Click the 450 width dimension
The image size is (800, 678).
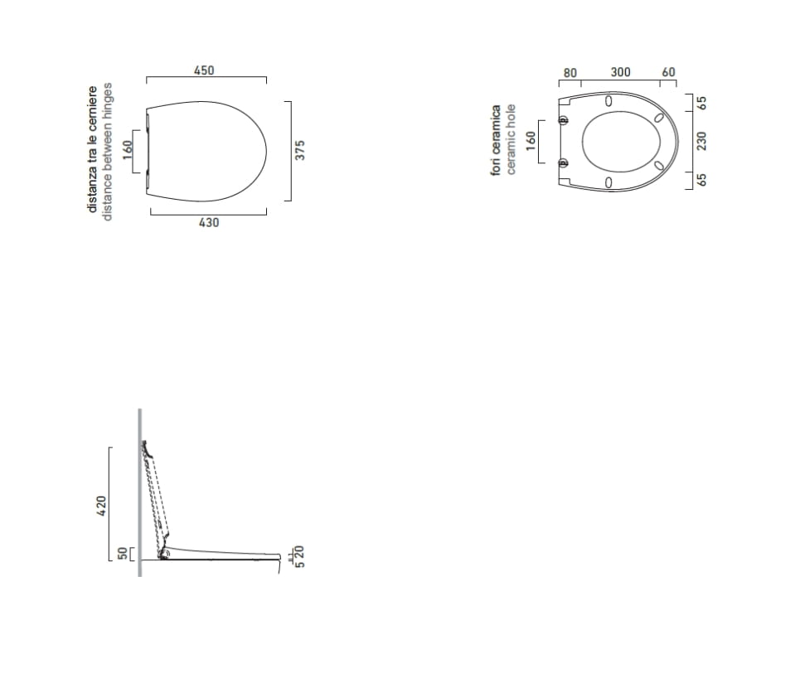[204, 70]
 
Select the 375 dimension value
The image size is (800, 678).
[300, 150]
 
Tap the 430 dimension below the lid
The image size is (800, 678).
[209, 222]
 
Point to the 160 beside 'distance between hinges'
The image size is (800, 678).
[128, 149]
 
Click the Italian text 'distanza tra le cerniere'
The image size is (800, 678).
[92, 149]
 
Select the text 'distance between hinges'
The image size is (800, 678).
[107, 152]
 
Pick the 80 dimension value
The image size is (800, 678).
[570, 73]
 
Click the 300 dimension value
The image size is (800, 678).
[620, 72]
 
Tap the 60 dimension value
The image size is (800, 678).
[668, 72]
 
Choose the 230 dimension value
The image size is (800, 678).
[702, 141]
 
